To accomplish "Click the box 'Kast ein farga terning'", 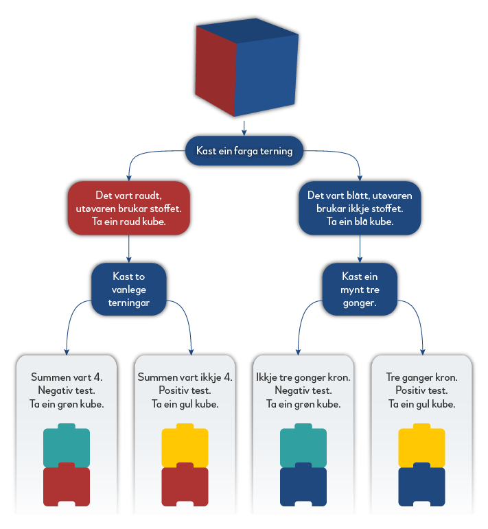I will coord(244,151).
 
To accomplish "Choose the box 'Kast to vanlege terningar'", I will coord(129,289).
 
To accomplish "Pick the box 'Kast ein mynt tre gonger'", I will coord(360,289).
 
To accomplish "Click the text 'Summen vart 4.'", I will coord(67,377).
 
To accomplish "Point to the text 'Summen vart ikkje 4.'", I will coord(185,377).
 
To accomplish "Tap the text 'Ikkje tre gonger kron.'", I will coord(303,377).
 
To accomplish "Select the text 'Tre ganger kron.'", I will coord(421,377).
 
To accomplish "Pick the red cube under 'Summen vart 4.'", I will coord(67,486).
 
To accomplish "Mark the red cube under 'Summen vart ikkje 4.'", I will coord(185,486).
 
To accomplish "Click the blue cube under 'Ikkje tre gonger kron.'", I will coord(303,486).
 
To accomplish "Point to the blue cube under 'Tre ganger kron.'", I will coord(421,486).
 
